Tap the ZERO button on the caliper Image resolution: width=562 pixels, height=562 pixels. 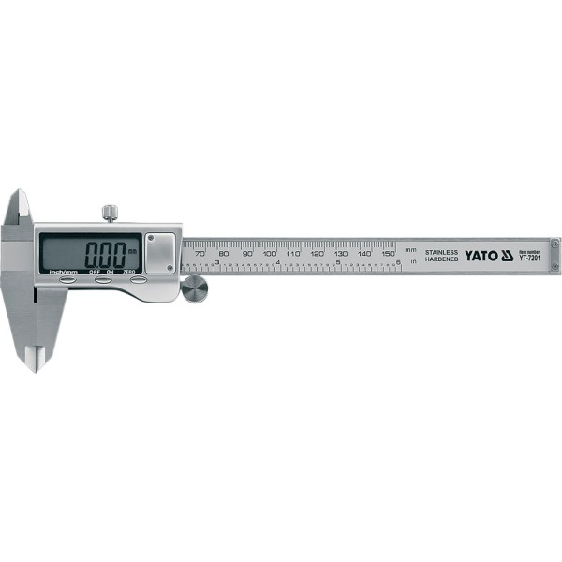tap(139, 279)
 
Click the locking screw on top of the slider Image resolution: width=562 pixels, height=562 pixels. tap(111, 213)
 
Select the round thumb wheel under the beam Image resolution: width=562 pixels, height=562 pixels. tap(194, 290)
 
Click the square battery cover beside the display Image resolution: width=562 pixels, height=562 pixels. tap(160, 252)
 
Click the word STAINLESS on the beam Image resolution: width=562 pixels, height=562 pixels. tap(442, 251)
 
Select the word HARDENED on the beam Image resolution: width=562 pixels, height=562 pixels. tap(442, 259)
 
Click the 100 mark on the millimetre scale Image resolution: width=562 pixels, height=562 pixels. tap(270, 253)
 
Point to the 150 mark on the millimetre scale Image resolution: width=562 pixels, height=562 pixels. tap(387, 253)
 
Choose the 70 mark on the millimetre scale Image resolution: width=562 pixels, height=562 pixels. tap(200, 253)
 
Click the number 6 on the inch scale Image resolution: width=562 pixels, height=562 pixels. tap(399, 263)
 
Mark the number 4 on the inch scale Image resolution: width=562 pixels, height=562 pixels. tap(278, 263)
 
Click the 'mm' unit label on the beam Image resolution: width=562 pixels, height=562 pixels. tap(410, 249)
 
